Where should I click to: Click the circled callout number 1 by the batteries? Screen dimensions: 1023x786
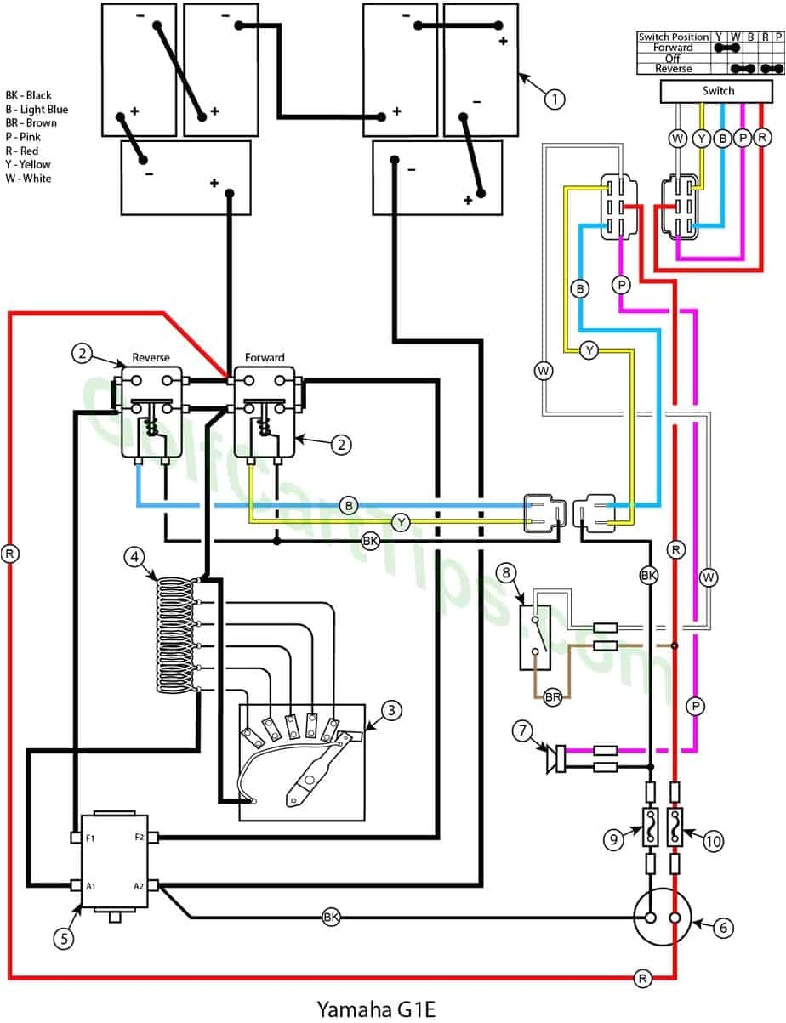point(555,99)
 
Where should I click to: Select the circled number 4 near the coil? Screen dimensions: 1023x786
point(134,557)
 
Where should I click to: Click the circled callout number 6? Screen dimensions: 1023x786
point(722,928)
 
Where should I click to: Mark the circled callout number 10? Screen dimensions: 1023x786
point(712,841)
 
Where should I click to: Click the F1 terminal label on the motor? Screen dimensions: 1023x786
point(91,838)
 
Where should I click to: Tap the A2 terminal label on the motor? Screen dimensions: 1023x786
point(138,885)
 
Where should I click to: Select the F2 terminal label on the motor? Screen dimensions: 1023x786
point(138,838)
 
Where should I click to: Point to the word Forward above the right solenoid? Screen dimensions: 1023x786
point(265,357)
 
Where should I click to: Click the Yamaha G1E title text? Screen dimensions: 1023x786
point(376,1009)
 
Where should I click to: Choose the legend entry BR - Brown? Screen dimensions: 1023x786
point(31,123)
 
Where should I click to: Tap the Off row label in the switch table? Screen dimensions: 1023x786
point(673,59)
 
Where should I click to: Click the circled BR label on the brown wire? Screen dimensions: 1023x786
point(553,697)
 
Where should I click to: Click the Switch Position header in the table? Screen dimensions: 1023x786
point(673,37)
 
